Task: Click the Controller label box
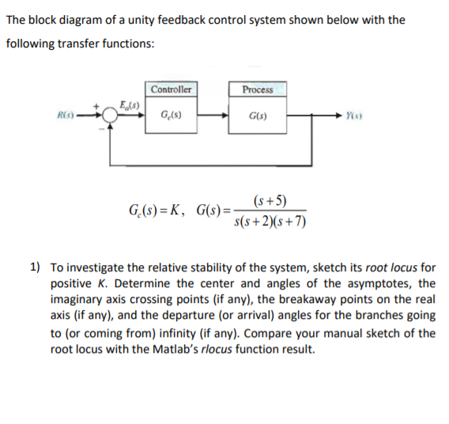(171, 89)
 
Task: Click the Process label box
(258, 89)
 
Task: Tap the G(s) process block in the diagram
(258, 119)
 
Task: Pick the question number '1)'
(36, 268)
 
